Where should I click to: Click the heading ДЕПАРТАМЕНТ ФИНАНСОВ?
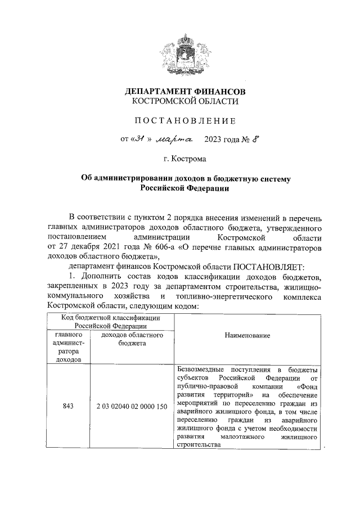pos(185,91)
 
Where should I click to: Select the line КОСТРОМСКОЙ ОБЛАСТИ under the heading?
pos(185,101)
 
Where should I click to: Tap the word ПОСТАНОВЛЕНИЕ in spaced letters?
pos(185,120)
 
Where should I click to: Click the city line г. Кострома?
pos(185,159)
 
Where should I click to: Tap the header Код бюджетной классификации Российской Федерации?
pos(111,321)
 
